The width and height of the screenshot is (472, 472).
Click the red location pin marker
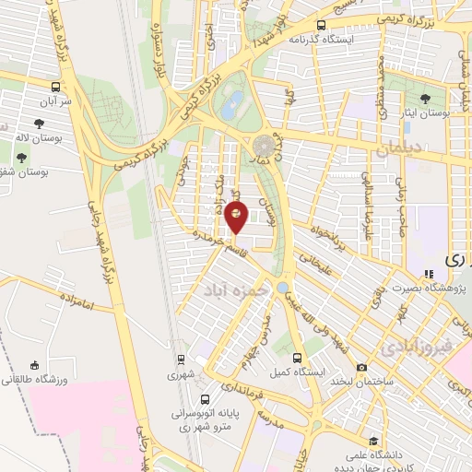coord(237,217)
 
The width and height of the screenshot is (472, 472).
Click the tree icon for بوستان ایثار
coord(425,98)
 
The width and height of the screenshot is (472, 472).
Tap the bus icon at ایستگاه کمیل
coord(297,358)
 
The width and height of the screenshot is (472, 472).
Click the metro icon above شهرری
coord(183,360)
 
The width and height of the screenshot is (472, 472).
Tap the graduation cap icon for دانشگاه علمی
coord(372,441)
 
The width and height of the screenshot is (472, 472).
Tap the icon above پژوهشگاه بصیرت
coord(429,274)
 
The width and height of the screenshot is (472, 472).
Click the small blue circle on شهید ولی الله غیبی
coord(281,287)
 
